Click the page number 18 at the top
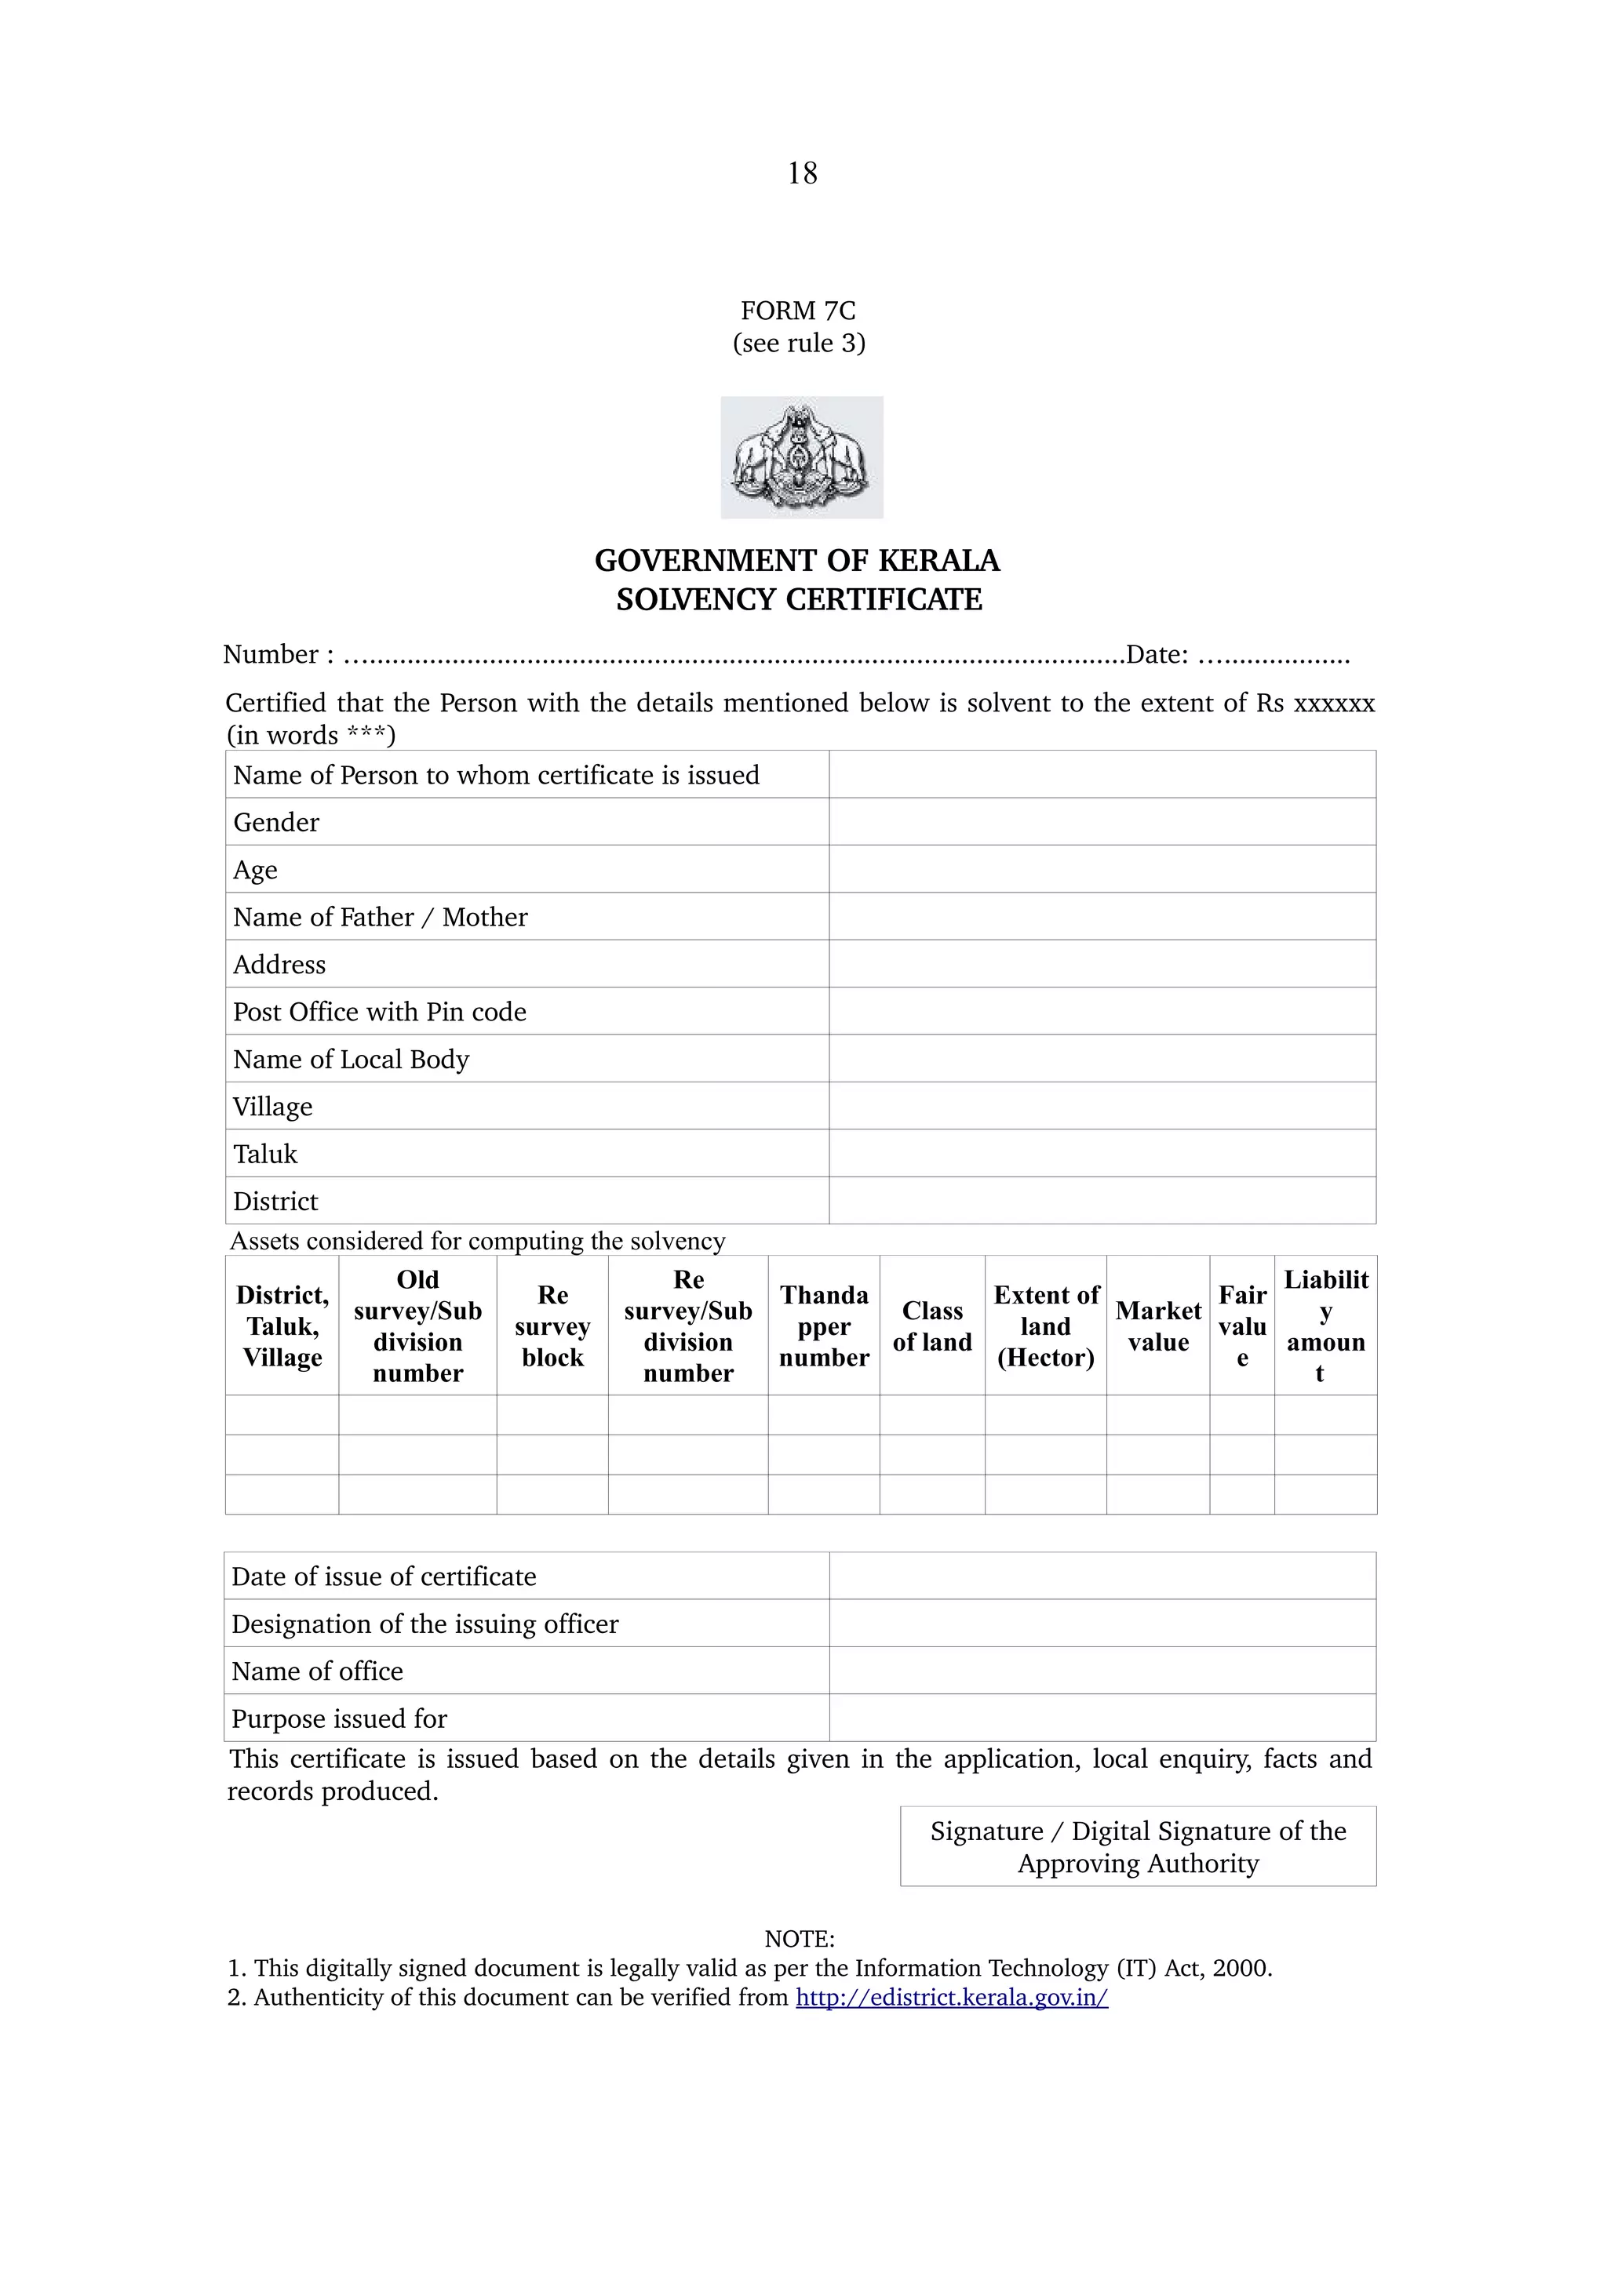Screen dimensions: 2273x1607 (x=802, y=173)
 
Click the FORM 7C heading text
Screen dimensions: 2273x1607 (x=798, y=311)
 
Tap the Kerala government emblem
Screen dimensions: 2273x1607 (x=801, y=457)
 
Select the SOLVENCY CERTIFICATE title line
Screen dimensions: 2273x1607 (x=798, y=600)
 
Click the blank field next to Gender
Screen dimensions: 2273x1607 (x=1101, y=822)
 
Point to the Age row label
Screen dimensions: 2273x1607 (x=256, y=869)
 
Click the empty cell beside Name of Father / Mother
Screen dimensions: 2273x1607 (x=1101, y=917)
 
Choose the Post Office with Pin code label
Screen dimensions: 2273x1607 (x=379, y=1012)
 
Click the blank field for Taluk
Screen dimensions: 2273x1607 (x=1101, y=1153)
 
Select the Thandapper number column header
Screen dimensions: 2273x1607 (x=824, y=1326)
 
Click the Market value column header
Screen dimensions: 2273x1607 (x=1157, y=1326)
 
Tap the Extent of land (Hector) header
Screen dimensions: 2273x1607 (x=1046, y=1326)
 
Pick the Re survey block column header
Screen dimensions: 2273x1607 (x=552, y=1326)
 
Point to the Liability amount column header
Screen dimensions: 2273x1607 (x=1325, y=1326)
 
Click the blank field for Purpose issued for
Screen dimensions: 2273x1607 (x=1101, y=1718)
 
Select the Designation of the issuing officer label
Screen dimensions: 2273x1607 (x=425, y=1624)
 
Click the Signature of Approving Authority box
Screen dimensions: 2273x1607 (x=1138, y=1846)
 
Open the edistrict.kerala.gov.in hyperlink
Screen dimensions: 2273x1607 (x=952, y=1997)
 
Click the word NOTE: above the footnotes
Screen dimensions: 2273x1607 (x=799, y=1938)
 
